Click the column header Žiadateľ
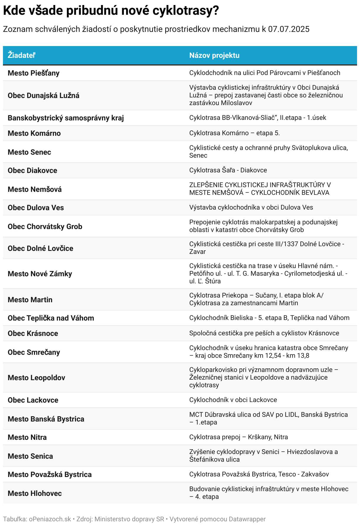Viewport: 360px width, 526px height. pos(22,55)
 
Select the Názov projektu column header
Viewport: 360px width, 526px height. pos(214,55)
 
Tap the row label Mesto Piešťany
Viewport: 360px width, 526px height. pos(34,73)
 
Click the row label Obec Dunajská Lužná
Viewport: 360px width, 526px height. pos(43,95)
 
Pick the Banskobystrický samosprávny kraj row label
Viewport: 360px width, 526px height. pos(66,118)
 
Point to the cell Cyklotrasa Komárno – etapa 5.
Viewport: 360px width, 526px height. pos(234,133)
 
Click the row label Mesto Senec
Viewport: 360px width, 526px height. pos(29,152)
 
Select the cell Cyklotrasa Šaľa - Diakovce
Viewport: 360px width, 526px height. pos(228,170)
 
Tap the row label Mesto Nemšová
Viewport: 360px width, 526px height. pos(35,189)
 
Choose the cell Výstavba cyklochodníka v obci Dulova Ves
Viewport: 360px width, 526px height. pos(251,208)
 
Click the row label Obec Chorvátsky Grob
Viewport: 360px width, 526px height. pos(45,226)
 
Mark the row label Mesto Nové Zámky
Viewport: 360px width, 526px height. pos(40,274)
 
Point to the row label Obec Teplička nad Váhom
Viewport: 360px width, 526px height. pos(51,318)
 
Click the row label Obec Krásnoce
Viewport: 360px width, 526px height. pos(33,333)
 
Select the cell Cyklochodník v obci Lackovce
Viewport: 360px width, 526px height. pos(233,400)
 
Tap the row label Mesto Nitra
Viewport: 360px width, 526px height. pos(27,437)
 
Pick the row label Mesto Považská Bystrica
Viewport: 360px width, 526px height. pos(50,474)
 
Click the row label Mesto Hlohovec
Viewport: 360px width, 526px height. pos(35,493)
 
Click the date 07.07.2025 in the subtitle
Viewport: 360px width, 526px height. pos(289,29)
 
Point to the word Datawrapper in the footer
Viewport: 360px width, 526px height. pos(247,519)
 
